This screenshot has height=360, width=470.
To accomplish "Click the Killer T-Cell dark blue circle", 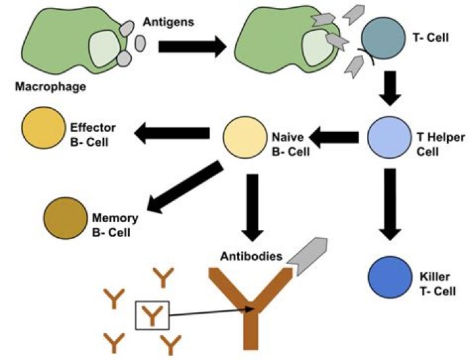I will coord(388,276).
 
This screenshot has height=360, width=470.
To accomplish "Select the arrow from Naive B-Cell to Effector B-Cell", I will coord(172,133).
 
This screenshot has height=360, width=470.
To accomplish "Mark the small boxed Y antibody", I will coord(151,316).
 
